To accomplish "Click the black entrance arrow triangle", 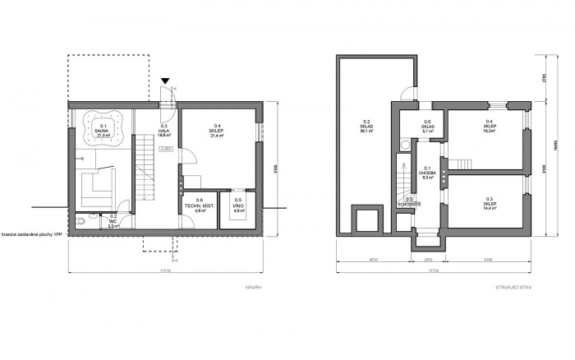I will pos(166,81).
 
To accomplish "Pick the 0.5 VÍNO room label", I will pos(238,205).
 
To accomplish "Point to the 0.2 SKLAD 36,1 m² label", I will pos(369,127).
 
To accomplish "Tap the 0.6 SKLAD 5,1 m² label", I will pos(427,127).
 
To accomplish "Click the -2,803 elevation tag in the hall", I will pos(165,148).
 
